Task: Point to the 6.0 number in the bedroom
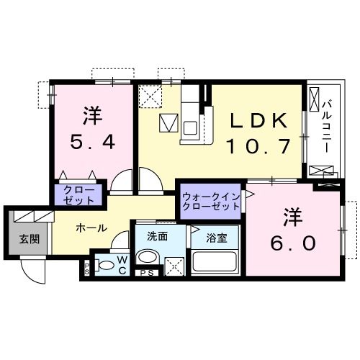[x=294, y=243]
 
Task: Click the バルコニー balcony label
[x=325, y=126]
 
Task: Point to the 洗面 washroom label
[x=158, y=235]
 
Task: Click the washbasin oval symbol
[x=148, y=257]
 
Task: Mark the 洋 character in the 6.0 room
[x=292, y=215]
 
